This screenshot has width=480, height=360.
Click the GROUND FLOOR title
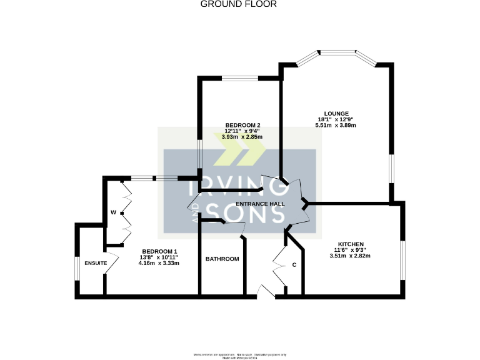click(238, 4)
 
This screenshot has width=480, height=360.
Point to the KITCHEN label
click(351, 244)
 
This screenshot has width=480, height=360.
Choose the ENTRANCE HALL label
click(260, 204)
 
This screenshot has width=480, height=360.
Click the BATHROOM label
click(222, 259)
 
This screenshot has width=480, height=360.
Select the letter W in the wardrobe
click(113, 212)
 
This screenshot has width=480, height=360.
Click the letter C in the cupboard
click(294, 265)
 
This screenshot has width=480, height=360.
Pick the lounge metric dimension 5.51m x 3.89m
click(336, 126)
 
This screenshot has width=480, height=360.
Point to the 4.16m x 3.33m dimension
click(159, 263)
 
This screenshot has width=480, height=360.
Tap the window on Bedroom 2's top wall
click(239, 77)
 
